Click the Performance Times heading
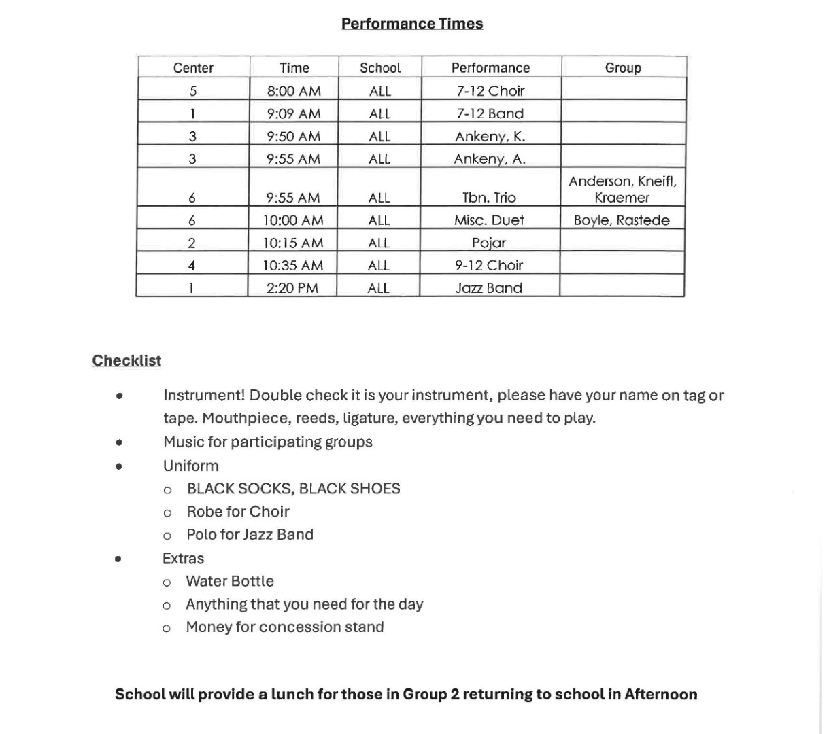coord(412,24)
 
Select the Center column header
coord(193,68)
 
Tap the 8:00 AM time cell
coord(294,90)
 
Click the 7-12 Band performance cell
coord(490,113)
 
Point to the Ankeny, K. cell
coord(490,136)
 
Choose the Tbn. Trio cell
coord(489,198)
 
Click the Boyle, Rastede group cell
coord(622,220)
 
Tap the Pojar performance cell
coord(489,243)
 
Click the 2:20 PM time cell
coord(292,287)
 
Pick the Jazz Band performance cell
coord(489,287)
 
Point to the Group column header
coord(623,68)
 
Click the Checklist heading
coord(127,360)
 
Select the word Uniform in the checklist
coord(191,466)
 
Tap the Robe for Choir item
coord(238,511)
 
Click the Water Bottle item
coord(230,581)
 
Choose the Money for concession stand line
coord(285,627)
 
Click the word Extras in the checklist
coord(184,558)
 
